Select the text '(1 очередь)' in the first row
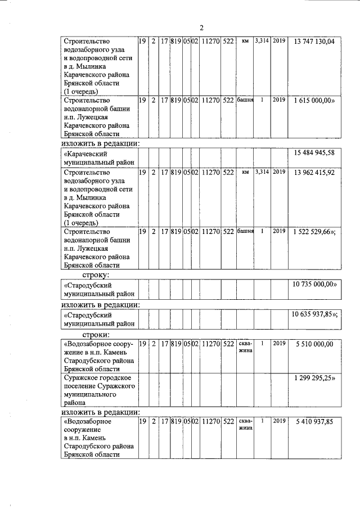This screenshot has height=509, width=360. [82, 91]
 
